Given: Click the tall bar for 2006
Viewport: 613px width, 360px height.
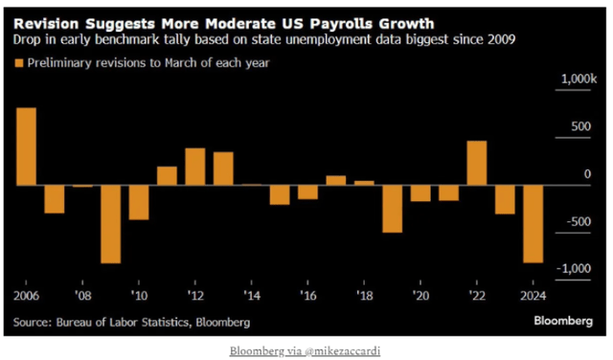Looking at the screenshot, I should tap(27, 146).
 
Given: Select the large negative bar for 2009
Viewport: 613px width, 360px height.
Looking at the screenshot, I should tap(111, 223).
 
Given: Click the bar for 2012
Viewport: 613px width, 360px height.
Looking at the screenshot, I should tap(195, 167).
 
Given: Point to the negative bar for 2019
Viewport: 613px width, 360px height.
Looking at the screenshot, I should tap(392, 208).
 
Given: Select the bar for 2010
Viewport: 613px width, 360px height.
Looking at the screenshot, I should tap(139, 202).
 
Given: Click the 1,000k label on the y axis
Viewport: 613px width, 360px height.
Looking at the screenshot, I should tap(577, 80).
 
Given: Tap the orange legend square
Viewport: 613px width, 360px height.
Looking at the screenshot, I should tap(18, 63).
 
